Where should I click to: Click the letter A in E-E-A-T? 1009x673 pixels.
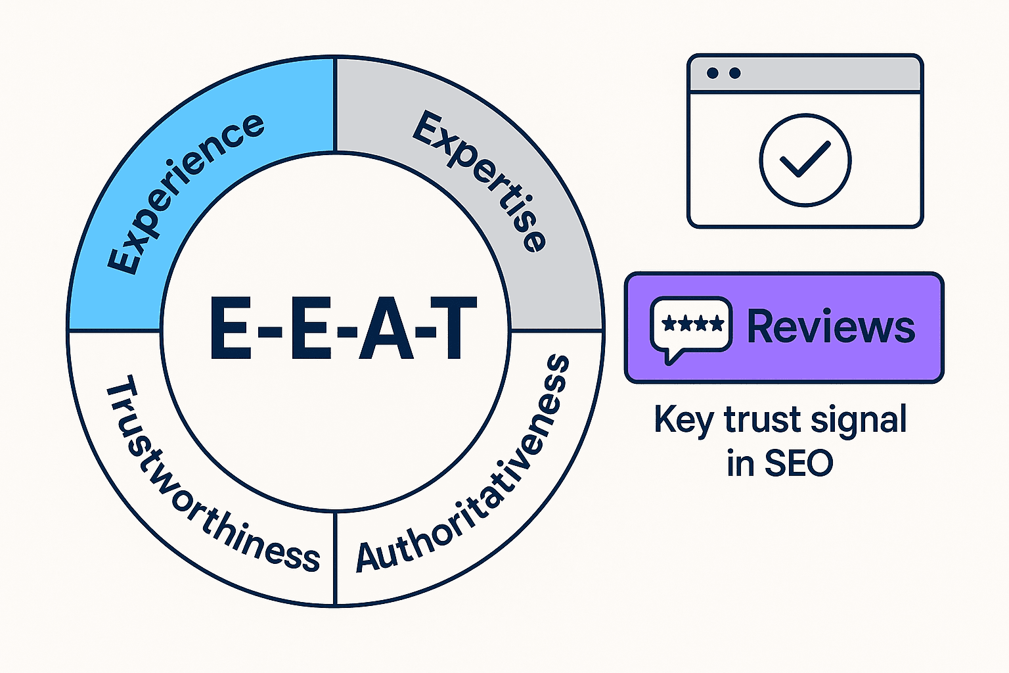386,329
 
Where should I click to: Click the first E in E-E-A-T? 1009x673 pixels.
231,329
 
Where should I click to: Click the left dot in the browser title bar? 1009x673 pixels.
712,73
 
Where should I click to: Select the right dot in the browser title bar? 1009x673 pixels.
734,73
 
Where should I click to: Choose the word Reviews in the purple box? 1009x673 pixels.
830,327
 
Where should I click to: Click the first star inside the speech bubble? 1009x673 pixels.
669,323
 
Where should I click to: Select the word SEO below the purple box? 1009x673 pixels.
799,463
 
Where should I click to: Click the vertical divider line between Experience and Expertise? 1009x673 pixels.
335,105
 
